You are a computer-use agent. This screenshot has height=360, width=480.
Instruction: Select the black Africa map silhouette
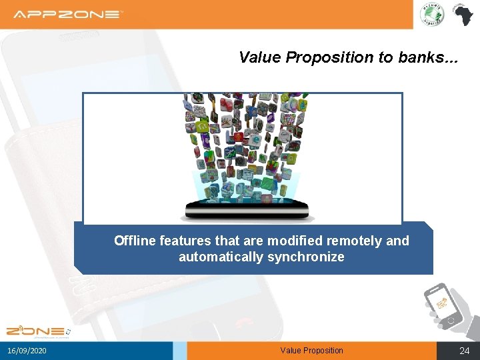(x=461, y=14)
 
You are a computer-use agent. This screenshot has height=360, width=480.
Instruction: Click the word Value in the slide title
(x=260, y=57)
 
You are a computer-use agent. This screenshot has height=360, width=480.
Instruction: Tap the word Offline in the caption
(x=135, y=241)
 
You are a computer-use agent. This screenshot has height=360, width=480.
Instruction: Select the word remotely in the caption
(x=358, y=241)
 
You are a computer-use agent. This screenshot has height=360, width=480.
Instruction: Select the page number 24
(x=465, y=351)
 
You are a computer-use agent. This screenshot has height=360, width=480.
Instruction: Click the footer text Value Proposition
(x=311, y=351)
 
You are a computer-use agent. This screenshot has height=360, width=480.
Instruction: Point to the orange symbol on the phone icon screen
(x=441, y=304)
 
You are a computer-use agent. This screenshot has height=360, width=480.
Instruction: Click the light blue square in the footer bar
(x=179, y=351)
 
